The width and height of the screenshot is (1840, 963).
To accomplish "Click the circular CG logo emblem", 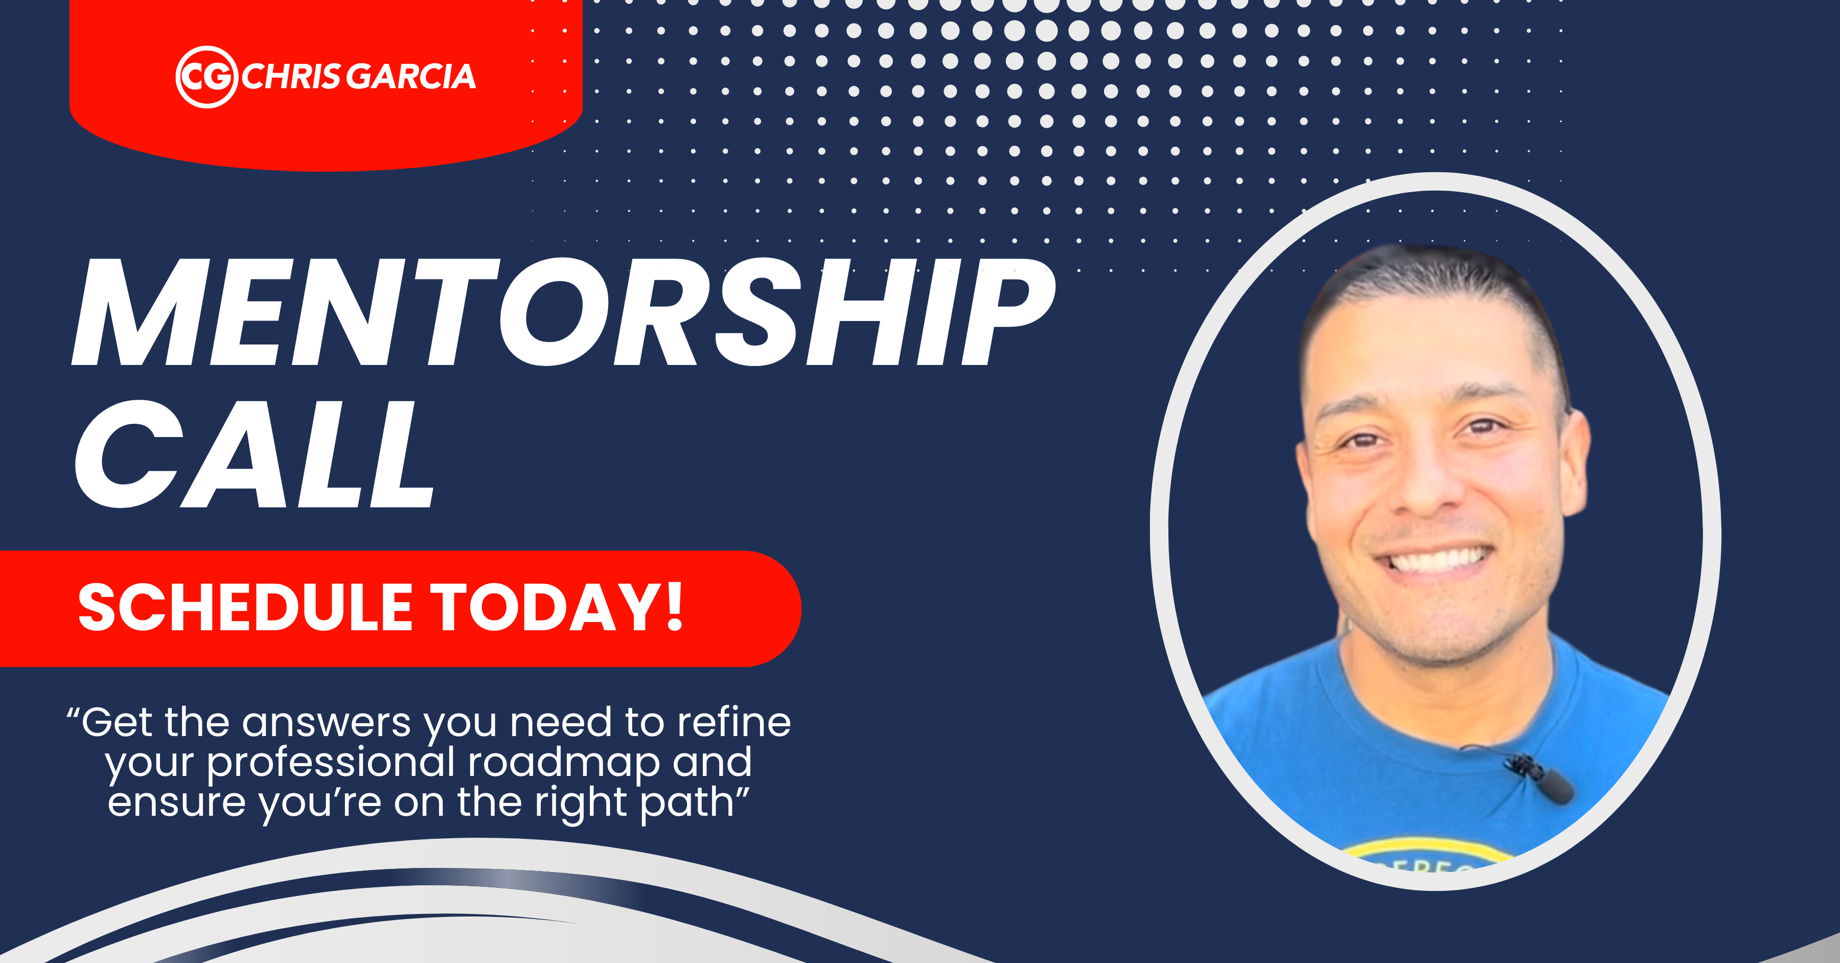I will pos(206,77).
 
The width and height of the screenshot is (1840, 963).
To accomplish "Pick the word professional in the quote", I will pos(331,763).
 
